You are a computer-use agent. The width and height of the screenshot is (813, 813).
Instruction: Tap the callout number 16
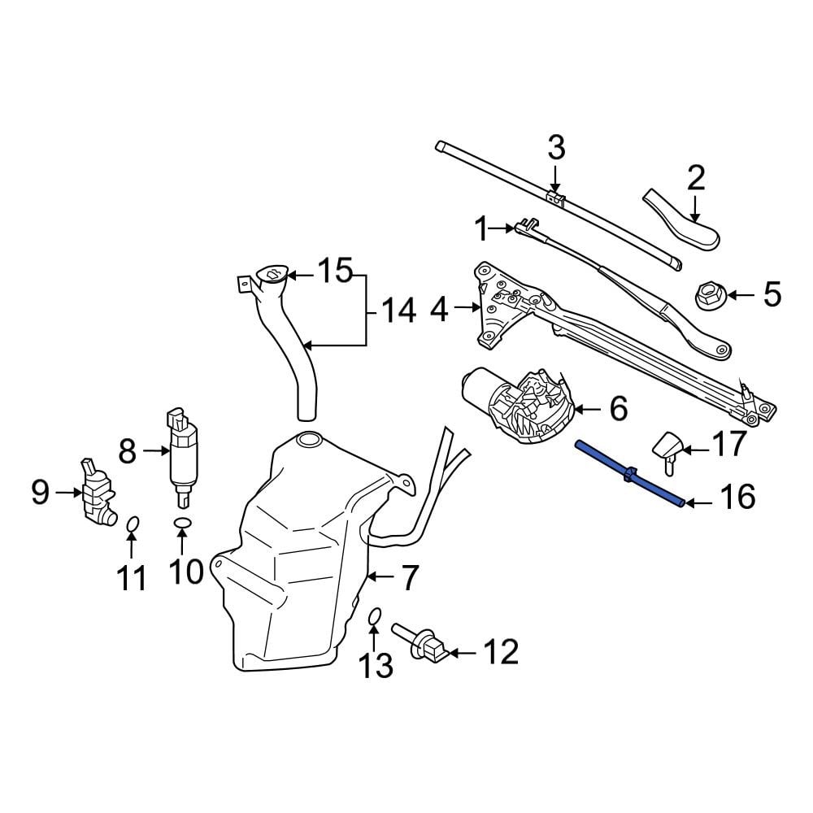pos(738,497)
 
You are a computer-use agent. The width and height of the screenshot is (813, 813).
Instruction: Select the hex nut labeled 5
pos(707,296)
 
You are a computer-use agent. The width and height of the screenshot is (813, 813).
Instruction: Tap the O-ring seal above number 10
pos(183,524)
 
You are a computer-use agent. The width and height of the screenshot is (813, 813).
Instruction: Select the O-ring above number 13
pos(375,620)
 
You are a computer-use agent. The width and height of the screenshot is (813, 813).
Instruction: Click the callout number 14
pos(399,311)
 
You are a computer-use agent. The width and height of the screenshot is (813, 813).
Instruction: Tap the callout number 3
pos(556,150)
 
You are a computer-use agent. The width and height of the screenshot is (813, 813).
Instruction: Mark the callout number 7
pos(408,578)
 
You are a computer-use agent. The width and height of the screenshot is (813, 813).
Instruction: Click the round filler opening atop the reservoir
pos(309,440)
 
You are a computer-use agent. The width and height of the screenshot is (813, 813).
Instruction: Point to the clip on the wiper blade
pos(554,199)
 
